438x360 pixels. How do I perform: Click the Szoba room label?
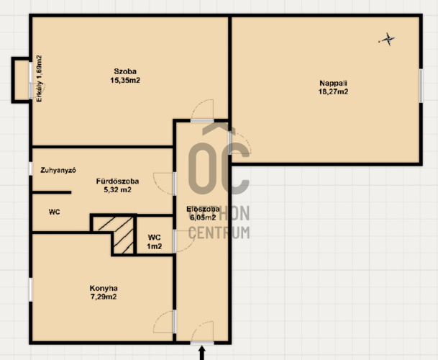(x=125, y=71)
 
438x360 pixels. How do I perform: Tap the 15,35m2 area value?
(x=125, y=81)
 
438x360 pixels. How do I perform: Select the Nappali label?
(x=333, y=83)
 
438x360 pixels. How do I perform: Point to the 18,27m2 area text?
(x=333, y=91)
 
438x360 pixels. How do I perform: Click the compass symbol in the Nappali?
(x=387, y=39)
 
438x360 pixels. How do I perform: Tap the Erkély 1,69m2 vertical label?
(x=39, y=78)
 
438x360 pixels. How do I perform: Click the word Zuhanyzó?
(x=58, y=170)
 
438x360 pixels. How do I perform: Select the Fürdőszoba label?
(x=117, y=181)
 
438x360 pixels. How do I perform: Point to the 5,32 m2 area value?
(x=117, y=190)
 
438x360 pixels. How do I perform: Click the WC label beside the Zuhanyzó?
(x=54, y=212)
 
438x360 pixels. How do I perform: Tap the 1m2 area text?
(x=155, y=246)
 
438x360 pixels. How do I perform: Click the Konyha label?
(x=104, y=288)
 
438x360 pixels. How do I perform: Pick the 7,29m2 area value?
(x=104, y=297)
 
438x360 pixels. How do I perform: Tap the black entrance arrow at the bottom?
(x=201, y=353)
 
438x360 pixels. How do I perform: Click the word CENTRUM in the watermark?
(x=219, y=233)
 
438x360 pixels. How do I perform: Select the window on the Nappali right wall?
(x=421, y=86)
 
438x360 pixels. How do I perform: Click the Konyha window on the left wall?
(x=31, y=289)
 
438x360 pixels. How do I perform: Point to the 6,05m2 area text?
(x=203, y=217)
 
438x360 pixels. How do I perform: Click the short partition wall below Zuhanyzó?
(x=52, y=192)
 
